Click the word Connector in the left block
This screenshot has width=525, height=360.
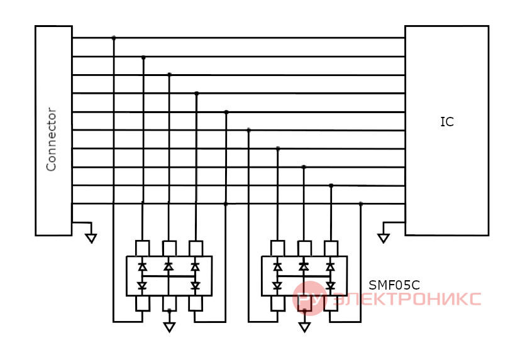pos(51,139)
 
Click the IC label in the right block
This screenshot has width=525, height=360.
pos(447,122)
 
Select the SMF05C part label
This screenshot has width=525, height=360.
pos(394,285)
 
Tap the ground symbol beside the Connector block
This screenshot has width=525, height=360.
pos(91,238)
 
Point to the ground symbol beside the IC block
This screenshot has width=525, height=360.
pos(384,238)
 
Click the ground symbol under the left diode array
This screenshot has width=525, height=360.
pos(169,327)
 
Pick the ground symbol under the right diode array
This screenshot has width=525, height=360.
pos(304,327)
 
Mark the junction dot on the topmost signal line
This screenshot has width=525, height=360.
pos(114,38)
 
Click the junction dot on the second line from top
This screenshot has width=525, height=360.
pos(143,58)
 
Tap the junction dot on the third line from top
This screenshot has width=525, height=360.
pos(169,75)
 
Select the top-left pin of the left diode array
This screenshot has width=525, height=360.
pos(142,248)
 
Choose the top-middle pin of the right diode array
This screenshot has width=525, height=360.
pos(304,248)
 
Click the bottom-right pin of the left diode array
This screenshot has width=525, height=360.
pos(196,303)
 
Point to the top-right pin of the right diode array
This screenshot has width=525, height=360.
pos(331,248)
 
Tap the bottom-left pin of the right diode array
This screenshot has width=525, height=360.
pos(277,303)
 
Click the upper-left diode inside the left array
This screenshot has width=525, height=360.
pos(142,266)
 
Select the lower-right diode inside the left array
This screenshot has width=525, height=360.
pos(196,286)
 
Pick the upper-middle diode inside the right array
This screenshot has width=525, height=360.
pos(304,266)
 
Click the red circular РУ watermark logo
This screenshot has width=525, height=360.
pos(309,298)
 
